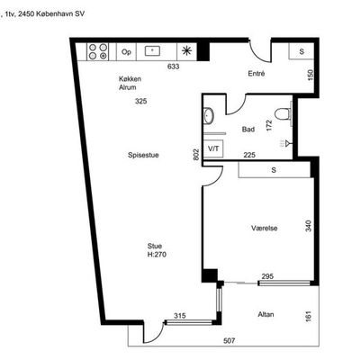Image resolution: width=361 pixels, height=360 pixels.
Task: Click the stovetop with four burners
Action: click(97, 51)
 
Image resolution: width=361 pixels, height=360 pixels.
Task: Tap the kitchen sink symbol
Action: click(152, 51)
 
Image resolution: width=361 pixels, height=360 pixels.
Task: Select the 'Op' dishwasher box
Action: click(126, 52)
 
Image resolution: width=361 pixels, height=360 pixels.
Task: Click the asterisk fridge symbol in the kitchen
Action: click(186, 51)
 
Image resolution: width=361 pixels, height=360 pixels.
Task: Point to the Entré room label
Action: click(257, 74)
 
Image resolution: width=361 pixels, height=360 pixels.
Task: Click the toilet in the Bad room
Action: click(282, 113)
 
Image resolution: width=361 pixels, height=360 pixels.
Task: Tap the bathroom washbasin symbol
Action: click(208, 115)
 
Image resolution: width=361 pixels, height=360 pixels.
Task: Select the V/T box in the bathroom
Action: click(213, 148)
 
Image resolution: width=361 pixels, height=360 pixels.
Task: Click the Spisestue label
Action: click(143, 155)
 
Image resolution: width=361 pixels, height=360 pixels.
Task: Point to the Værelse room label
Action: click(265, 229)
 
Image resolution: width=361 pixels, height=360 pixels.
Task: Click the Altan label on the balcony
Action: click(266, 314)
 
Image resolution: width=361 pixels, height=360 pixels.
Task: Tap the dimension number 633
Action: click(174, 67)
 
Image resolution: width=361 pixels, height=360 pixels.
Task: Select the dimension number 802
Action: click(196, 155)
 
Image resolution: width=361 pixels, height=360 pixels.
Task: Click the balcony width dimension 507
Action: click(230, 341)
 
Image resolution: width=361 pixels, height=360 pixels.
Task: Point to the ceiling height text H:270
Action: click(157, 255)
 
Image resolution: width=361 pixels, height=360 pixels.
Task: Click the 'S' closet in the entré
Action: click(302, 51)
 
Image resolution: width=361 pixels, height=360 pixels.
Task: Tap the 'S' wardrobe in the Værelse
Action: click(274, 170)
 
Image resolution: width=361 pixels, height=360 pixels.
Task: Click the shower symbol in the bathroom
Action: click(285, 144)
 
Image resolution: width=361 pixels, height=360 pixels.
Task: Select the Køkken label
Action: click(130, 79)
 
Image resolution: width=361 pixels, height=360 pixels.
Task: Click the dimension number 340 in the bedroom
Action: click(309, 226)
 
